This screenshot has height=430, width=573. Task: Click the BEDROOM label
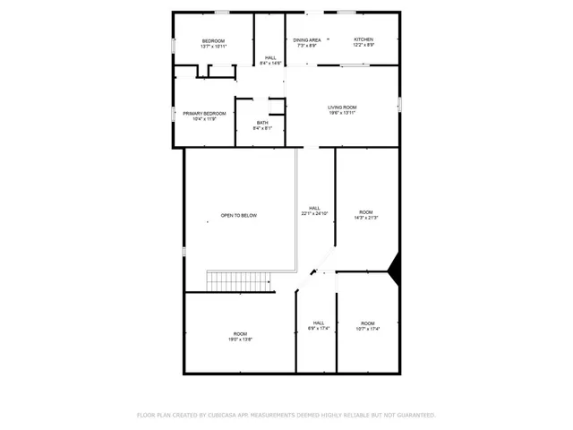pos(213,40)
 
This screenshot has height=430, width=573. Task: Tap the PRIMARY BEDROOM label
pos(204,113)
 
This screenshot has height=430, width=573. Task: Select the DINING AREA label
pos(307,39)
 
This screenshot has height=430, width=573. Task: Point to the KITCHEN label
pos(363,39)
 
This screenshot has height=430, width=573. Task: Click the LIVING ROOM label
pos(342,107)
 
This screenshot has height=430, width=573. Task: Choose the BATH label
pos(262,123)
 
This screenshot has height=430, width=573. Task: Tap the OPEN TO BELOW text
pos(239,216)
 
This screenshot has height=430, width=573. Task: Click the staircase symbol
pos(239,281)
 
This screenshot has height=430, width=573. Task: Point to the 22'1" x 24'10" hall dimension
pos(314,213)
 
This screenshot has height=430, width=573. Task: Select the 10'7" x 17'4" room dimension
pos(368,329)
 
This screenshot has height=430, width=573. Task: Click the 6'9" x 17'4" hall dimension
pos(319,329)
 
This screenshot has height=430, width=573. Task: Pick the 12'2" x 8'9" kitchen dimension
pos(363,46)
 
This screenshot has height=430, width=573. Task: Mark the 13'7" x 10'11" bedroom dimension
pos(213,47)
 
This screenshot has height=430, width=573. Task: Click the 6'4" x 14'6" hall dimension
pos(270,64)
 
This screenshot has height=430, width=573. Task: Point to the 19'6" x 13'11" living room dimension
pos(342,114)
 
